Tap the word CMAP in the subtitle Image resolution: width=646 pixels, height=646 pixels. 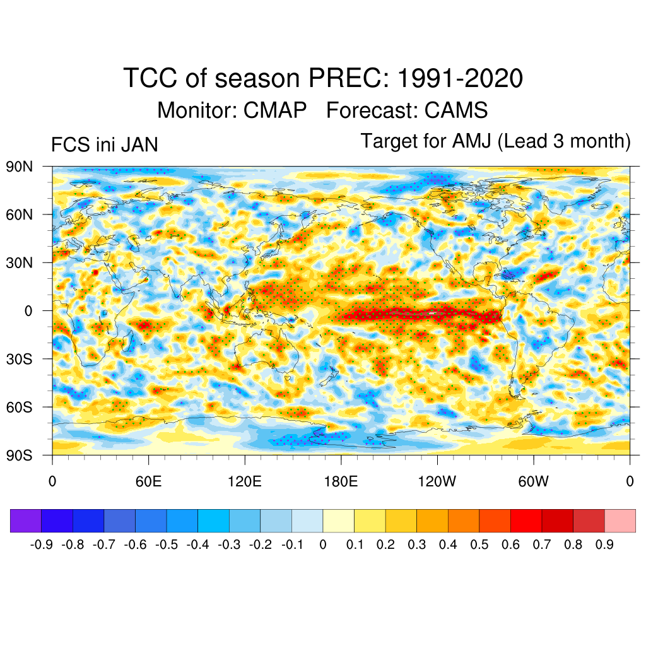275,110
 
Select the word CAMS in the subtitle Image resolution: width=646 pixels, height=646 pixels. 456,110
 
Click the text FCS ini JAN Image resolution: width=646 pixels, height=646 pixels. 104,145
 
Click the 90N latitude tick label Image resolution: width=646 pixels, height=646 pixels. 19,167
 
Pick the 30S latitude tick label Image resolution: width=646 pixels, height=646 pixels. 19,359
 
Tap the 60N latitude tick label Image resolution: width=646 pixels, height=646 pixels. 19,214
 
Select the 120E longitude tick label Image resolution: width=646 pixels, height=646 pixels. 244,482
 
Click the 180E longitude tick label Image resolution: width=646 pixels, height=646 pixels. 341,482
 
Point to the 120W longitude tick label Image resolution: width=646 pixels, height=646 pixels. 437,482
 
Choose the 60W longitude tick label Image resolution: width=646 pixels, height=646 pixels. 533,482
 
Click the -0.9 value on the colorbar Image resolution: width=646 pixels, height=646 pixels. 41,544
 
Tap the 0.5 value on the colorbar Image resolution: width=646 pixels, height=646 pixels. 479,544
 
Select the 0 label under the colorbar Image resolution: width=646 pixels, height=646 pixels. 323,544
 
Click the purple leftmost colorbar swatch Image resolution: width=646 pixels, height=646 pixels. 26,521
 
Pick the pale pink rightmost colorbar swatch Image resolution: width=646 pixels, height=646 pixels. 620,521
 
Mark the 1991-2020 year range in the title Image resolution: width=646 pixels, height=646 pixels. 461,79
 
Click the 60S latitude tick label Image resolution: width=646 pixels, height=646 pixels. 19,407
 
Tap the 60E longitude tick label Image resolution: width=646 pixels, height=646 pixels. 148,482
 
